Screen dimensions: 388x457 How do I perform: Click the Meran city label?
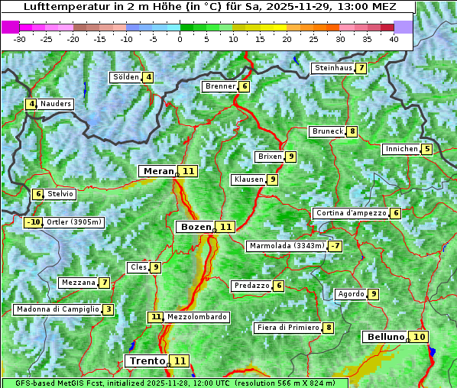tap(158, 171)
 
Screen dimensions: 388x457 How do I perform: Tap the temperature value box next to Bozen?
tap(225, 227)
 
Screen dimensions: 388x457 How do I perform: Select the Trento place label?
tap(147, 361)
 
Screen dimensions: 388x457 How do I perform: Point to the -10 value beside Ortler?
tap(33, 222)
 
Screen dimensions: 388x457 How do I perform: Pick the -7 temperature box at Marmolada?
tap(335, 246)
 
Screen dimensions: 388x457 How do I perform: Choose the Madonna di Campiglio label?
tap(57, 309)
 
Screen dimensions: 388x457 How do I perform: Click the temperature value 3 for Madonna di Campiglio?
tap(109, 309)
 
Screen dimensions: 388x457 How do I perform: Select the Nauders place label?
tap(56, 104)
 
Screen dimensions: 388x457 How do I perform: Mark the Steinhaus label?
tap(333, 68)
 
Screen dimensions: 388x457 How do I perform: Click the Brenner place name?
tap(220, 86)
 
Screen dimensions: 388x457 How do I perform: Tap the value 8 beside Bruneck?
tap(352, 131)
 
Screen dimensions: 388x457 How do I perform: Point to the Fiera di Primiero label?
tap(287, 328)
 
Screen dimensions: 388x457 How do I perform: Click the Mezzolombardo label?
tap(196, 316)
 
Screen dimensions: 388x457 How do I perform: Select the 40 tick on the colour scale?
tap(394, 39)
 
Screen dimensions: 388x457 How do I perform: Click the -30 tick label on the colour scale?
tap(20, 39)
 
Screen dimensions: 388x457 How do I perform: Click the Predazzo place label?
tap(251, 286)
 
